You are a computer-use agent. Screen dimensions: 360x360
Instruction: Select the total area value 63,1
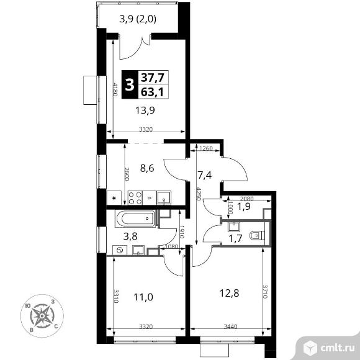[152, 92]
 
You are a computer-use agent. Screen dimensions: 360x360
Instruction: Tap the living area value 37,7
[153, 78]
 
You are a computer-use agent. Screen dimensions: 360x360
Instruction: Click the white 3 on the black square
[130, 84]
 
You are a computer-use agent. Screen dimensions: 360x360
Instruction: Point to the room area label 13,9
[145, 110]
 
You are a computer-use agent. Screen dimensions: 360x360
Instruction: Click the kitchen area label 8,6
[147, 169]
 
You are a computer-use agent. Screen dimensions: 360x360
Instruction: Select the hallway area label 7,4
[205, 176]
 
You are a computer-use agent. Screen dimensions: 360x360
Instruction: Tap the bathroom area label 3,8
[130, 236]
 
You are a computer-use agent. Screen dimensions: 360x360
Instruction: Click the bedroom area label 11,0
[143, 297]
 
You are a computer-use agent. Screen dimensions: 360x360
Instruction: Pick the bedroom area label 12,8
[230, 293]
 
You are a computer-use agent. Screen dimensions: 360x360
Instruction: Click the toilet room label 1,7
[236, 239]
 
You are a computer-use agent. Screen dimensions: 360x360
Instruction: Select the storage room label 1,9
[244, 207]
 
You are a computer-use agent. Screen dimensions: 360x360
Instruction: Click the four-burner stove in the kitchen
[135, 198]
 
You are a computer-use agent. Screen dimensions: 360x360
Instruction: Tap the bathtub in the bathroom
[136, 218]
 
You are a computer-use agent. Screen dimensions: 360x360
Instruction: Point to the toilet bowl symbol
[257, 236]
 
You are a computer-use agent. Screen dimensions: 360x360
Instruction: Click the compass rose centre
[42, 316]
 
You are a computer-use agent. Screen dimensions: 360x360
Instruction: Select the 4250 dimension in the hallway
[199, 194]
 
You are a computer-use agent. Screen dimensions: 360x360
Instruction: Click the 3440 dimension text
[230, 326]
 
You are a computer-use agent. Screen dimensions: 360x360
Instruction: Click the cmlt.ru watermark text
[337, 348]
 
